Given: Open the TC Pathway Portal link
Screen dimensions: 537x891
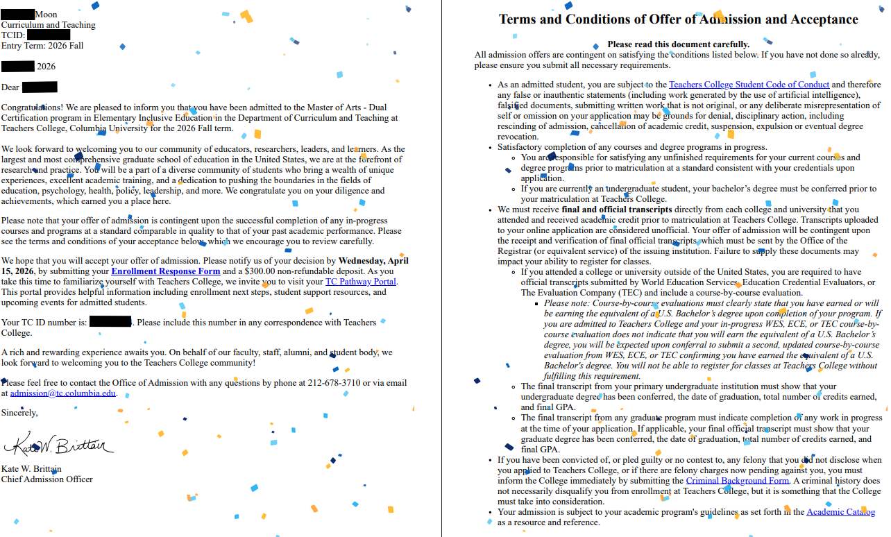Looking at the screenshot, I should (361, 282).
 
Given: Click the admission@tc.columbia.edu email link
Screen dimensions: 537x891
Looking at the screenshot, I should (63, 393).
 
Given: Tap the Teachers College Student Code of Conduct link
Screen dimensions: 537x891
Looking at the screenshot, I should (749, 85).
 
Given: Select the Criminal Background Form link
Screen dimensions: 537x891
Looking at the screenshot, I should (737, 480).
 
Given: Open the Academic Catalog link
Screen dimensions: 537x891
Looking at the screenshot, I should (840, 512).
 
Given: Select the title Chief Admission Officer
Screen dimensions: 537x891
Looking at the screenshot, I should (47, 479).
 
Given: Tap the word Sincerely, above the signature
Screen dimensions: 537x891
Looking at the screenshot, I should (19, 413).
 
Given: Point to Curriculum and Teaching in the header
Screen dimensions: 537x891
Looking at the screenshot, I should (49, 25).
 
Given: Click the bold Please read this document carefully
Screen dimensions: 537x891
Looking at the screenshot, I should (678, 44).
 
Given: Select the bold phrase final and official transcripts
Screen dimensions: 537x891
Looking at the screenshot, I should (616, 210).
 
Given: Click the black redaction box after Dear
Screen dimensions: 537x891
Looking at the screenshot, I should (40, 87).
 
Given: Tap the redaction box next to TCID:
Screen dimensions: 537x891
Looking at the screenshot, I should (49, 35).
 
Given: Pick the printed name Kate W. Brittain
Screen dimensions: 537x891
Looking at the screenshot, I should (31, 468).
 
